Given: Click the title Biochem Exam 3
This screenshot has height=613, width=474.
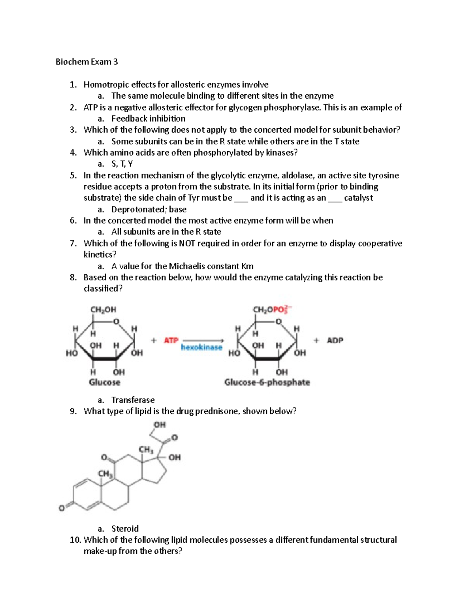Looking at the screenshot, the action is pyautogui.click(x=87, y=62).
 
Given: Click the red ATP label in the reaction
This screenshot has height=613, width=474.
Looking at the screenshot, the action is pyautogui.click(x=171, y=340).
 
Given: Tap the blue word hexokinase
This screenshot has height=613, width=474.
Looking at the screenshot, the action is pyautogui.click(x=201, y=347).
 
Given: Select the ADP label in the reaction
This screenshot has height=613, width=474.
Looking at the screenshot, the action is pyautogui.click(x=335, y=340).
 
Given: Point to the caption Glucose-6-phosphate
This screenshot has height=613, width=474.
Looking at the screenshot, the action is pyautogui.click(x=267, y=382).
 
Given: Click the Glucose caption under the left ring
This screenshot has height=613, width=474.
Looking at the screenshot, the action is pyautogui.click(x=104, y=382).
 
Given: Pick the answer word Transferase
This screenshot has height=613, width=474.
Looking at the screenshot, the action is pyautogui.click(x=133, y=400).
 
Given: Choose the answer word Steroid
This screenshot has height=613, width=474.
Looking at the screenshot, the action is pyautogui.click(x=125, y=529).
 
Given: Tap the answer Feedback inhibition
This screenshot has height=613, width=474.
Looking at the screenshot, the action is pyautogui.click(x=148, y=118).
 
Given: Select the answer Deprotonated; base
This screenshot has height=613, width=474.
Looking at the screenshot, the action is pyautogui.click(x=149, y=209).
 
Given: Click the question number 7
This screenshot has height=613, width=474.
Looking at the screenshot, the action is pyautogui.click(x=73, y=244).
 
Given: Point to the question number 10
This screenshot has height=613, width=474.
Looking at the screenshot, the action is pyautogui.click(x=75, y=540).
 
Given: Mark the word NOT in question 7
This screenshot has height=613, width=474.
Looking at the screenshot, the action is pyautogui.click(x=187, y=244).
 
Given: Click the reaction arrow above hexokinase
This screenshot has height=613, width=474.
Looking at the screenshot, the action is pyautogui.click(x=203, y=340).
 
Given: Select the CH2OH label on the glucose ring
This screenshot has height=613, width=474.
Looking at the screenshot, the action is pyautogui.click(x=103, y=309).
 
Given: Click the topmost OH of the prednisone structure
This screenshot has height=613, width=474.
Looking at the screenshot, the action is pyautogui.click(x=160, y=425).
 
